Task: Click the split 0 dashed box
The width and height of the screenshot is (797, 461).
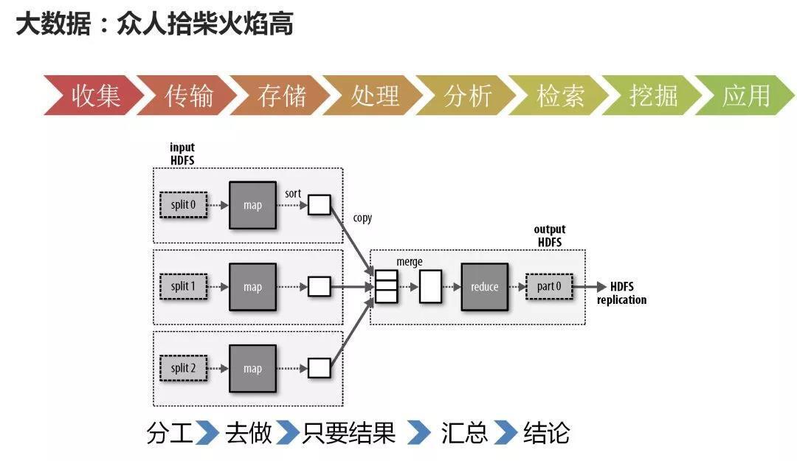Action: (184, 205)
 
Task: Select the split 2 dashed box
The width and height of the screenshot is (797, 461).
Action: (184, 368)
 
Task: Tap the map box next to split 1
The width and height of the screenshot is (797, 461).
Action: (252, 287)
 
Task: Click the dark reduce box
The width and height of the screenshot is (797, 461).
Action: (484, 287)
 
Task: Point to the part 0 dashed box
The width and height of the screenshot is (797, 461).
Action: (549, 287)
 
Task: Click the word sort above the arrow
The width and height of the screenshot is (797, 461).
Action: (293, 193)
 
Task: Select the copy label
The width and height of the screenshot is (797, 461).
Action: (362, 218)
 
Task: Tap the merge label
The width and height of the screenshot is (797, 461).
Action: (410, 262)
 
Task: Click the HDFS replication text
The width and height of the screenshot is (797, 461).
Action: (621, 293)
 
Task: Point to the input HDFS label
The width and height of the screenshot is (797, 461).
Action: (182, 153)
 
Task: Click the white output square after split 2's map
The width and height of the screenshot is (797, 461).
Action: (319, 368)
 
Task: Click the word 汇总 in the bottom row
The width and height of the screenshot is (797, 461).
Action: (464, 433)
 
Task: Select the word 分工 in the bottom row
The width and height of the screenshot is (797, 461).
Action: (170, 433)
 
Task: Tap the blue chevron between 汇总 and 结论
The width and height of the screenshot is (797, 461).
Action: (506, 433)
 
